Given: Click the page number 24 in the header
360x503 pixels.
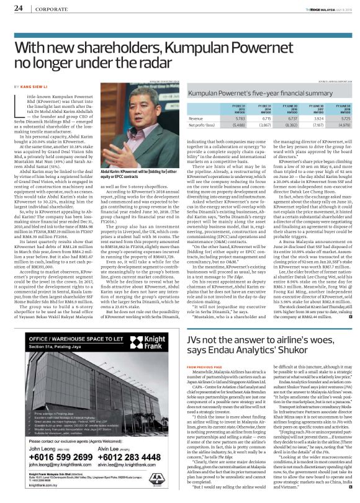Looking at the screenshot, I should pos(18,9).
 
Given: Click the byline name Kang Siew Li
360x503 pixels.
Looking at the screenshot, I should pos(32,87).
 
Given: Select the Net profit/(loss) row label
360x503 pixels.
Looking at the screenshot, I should pos(202,125).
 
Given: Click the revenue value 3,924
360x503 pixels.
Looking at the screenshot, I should pos(315,118).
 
